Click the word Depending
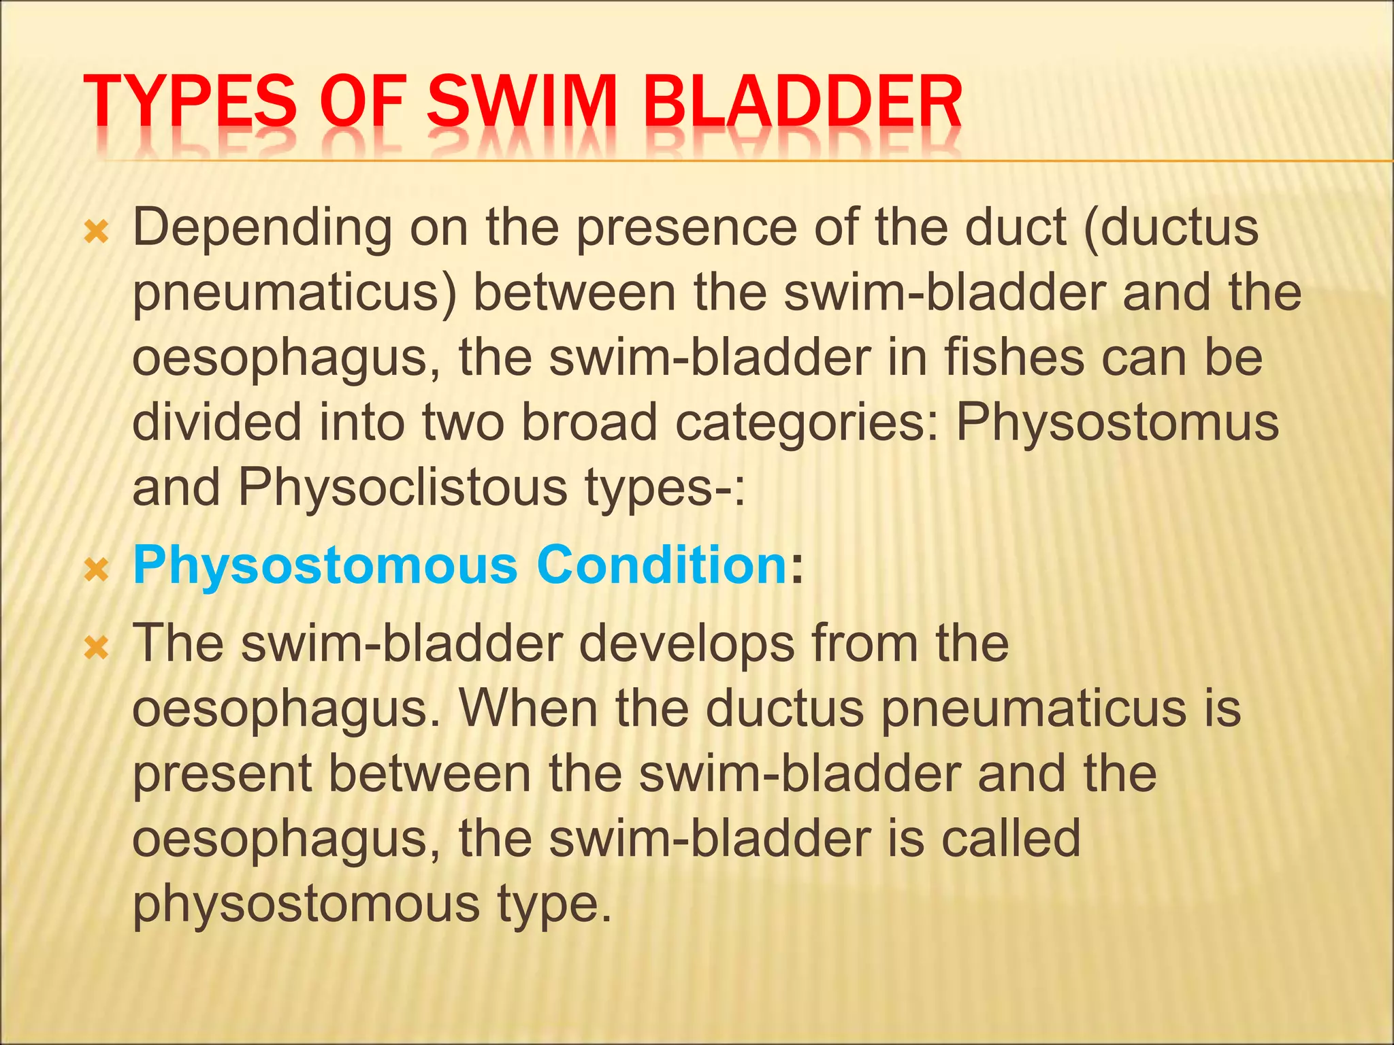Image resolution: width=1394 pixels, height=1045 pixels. pyautogui.click(x=262, y=229)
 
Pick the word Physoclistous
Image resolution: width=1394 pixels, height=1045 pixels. pyautogui.click(x=402, y=488)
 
